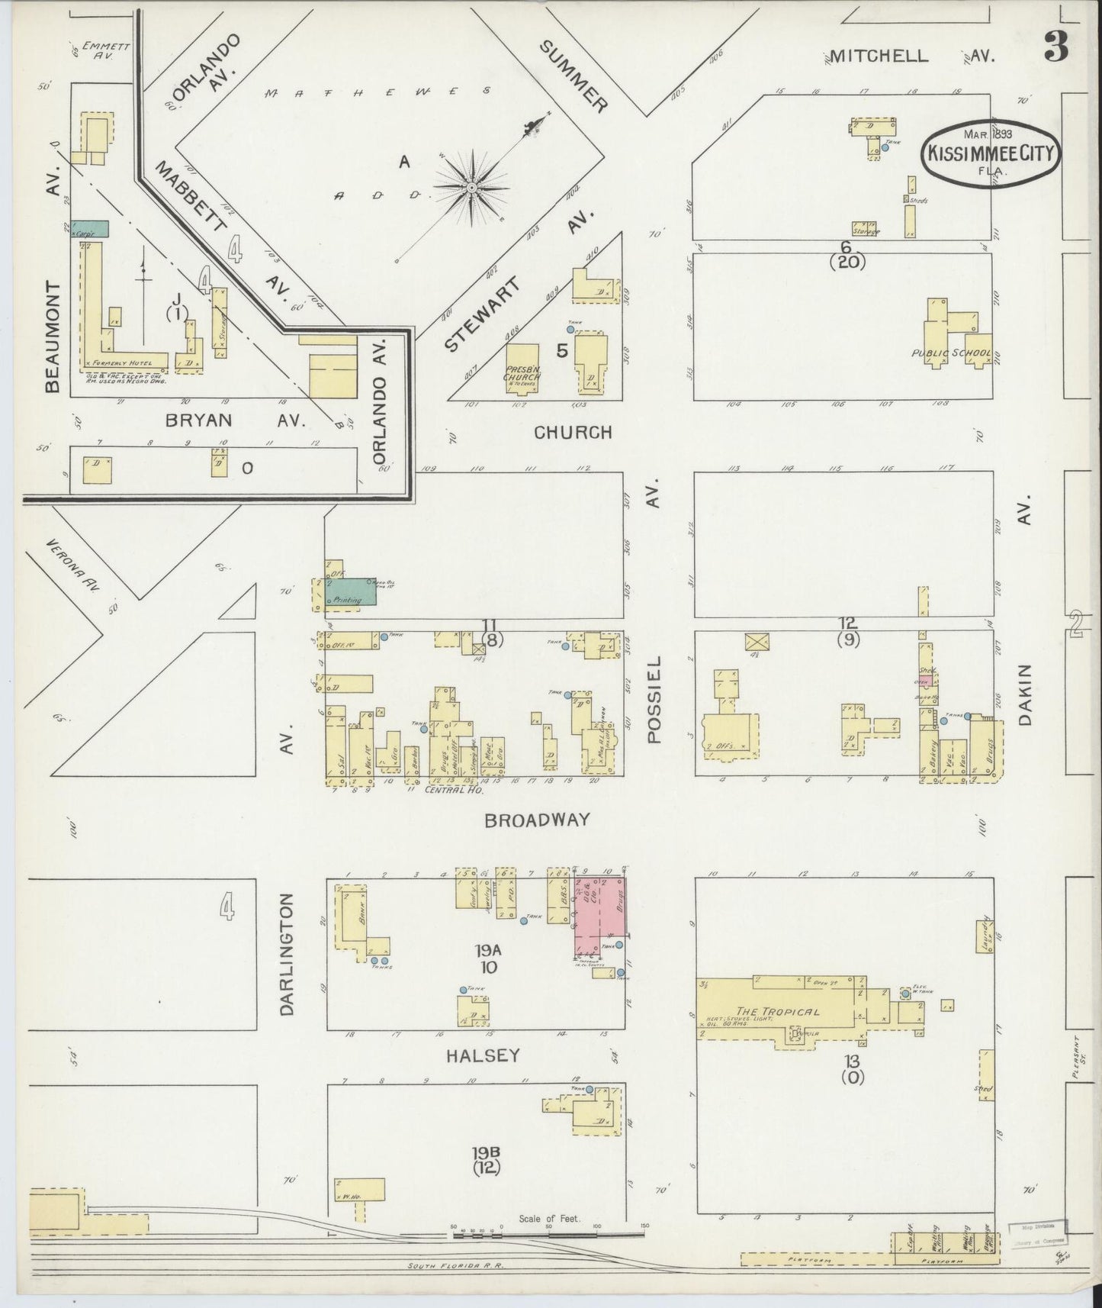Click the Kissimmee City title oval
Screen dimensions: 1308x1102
click(x=991, y=153)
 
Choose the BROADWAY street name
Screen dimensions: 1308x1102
click(x=538, y=820)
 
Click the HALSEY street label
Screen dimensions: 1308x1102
click(x=482, y=1055)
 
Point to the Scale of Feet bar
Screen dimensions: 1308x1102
click(x=549, y=1230)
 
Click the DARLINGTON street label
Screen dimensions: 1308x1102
click(x=287, y=960)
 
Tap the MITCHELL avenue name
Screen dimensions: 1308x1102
click(x=879, y=55)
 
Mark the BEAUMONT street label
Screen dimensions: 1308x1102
click(x=52, y=336)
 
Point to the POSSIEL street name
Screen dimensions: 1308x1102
click(x=655, y=699)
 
